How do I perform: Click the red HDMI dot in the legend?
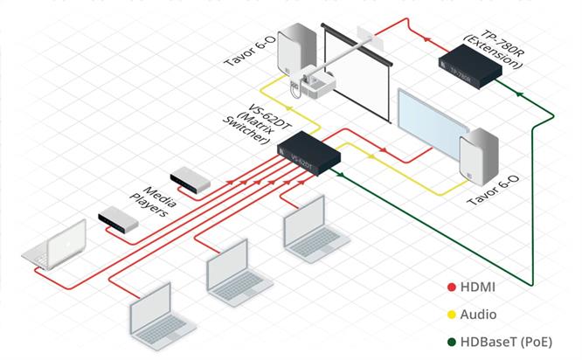click(x=451, y=287)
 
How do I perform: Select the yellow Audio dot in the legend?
click(x=451, y=315)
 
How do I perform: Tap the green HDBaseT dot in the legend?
click(x=451, y=343)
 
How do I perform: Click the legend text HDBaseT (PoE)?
click(x=506, y=343)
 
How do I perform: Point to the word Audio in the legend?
click(x=478, y=315)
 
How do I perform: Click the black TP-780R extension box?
click(x=470, y=66)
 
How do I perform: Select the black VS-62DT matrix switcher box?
click(x=308, y=153)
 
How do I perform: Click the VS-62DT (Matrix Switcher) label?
click(x=257, y=122)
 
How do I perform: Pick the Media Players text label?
click(x=153, y=201)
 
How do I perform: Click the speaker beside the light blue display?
click(x=479, y=157)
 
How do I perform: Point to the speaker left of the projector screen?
click(x=297, y=51)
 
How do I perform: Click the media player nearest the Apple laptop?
click(x=118, y=219)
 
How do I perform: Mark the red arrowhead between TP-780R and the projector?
click(x=427, y=38)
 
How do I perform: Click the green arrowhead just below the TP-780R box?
click(x=519, y=94)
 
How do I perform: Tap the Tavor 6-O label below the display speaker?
click(x=493, y=190)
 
